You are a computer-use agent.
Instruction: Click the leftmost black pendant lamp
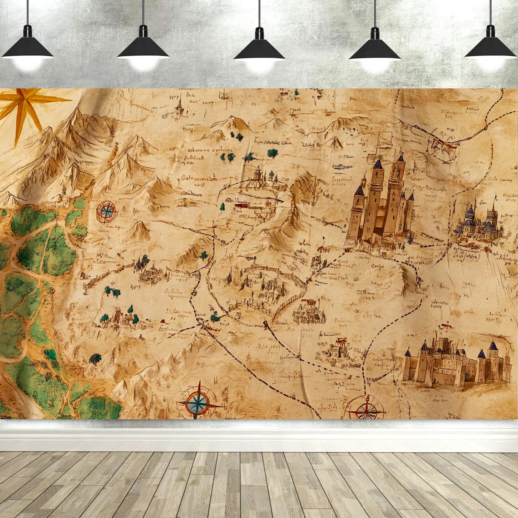coord(28,49)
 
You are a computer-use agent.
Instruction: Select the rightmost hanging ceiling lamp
coord(490,49)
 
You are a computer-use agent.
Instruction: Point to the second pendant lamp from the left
coord(143,49)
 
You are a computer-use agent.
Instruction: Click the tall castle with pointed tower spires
coord(380,207)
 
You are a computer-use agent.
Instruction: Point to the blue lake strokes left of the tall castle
coord(343,167)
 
